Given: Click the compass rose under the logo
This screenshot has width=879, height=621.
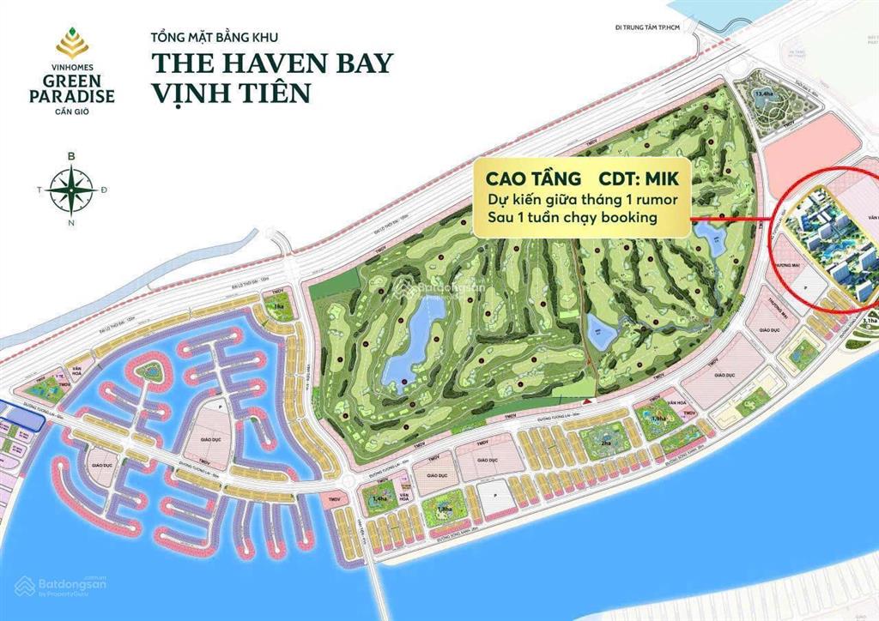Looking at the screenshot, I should (x=71, y=188).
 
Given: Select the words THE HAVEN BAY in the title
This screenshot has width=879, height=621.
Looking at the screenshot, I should (x=272, y=63).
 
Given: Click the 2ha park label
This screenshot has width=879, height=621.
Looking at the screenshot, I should (x=605, y=443).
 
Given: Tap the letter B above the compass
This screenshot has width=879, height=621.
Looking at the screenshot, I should (x=71, y=156).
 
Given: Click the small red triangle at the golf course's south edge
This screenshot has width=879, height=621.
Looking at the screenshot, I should (x=587, y=401).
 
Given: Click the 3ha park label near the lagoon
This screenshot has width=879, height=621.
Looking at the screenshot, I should (x=278, y=306).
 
